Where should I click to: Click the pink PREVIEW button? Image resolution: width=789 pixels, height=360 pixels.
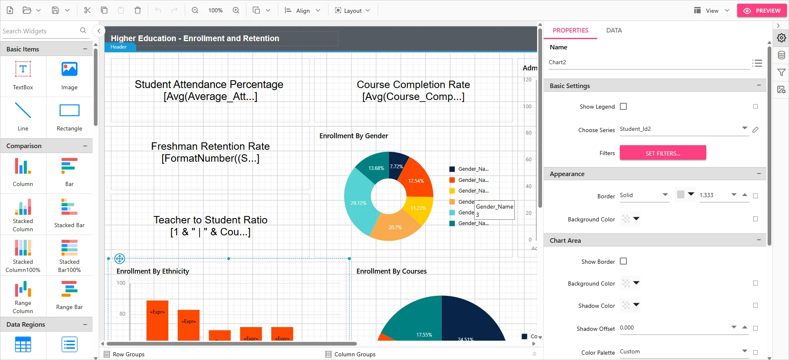point(762,11)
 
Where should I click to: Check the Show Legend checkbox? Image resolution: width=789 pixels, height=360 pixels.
point(624,107)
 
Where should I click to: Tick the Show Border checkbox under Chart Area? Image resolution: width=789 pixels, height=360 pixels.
point(624,261)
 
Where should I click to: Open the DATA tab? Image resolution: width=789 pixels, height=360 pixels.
point(614,30)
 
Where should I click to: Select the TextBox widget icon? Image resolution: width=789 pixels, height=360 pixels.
point(23,70)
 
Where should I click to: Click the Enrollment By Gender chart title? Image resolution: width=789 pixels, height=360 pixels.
point(354,136)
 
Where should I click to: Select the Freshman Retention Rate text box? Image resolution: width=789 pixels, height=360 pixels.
point(210,152)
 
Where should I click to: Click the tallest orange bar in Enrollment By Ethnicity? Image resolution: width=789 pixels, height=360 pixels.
point(157,320)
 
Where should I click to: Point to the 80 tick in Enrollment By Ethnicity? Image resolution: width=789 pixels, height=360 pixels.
point(122,314)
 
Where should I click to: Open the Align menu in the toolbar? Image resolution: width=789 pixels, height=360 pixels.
point(303,11)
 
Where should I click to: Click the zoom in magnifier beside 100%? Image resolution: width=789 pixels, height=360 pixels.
point(236,10)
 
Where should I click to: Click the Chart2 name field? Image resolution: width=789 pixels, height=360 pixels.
point(648,63)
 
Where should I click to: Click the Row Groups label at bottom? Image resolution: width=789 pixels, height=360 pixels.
point(128,354)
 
